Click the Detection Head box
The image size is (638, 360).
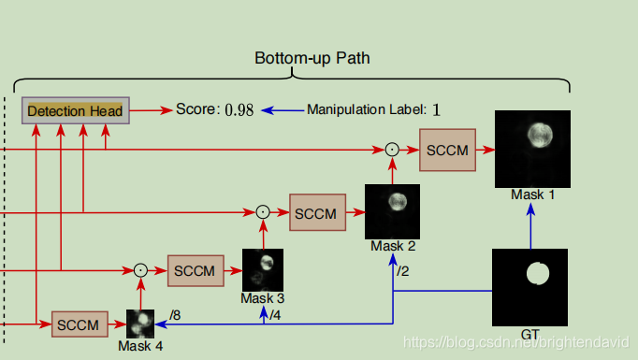point(75,110)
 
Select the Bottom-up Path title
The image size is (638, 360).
point(312,58)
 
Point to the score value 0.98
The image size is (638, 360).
point(239,110)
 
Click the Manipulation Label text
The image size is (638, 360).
point(366,110)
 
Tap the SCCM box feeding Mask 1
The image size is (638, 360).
point(447,150)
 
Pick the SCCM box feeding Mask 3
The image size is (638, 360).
point(196,270)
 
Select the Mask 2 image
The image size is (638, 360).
point(392,211)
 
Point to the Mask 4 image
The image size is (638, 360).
point(140,324)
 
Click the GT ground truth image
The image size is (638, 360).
point(530,287)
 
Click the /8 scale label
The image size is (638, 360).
point(175,315)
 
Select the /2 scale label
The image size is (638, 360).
point(402,271)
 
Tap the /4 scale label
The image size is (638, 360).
point(275,314)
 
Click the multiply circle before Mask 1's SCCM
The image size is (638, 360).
point(392,150)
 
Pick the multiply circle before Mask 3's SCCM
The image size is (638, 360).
point(140,270)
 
